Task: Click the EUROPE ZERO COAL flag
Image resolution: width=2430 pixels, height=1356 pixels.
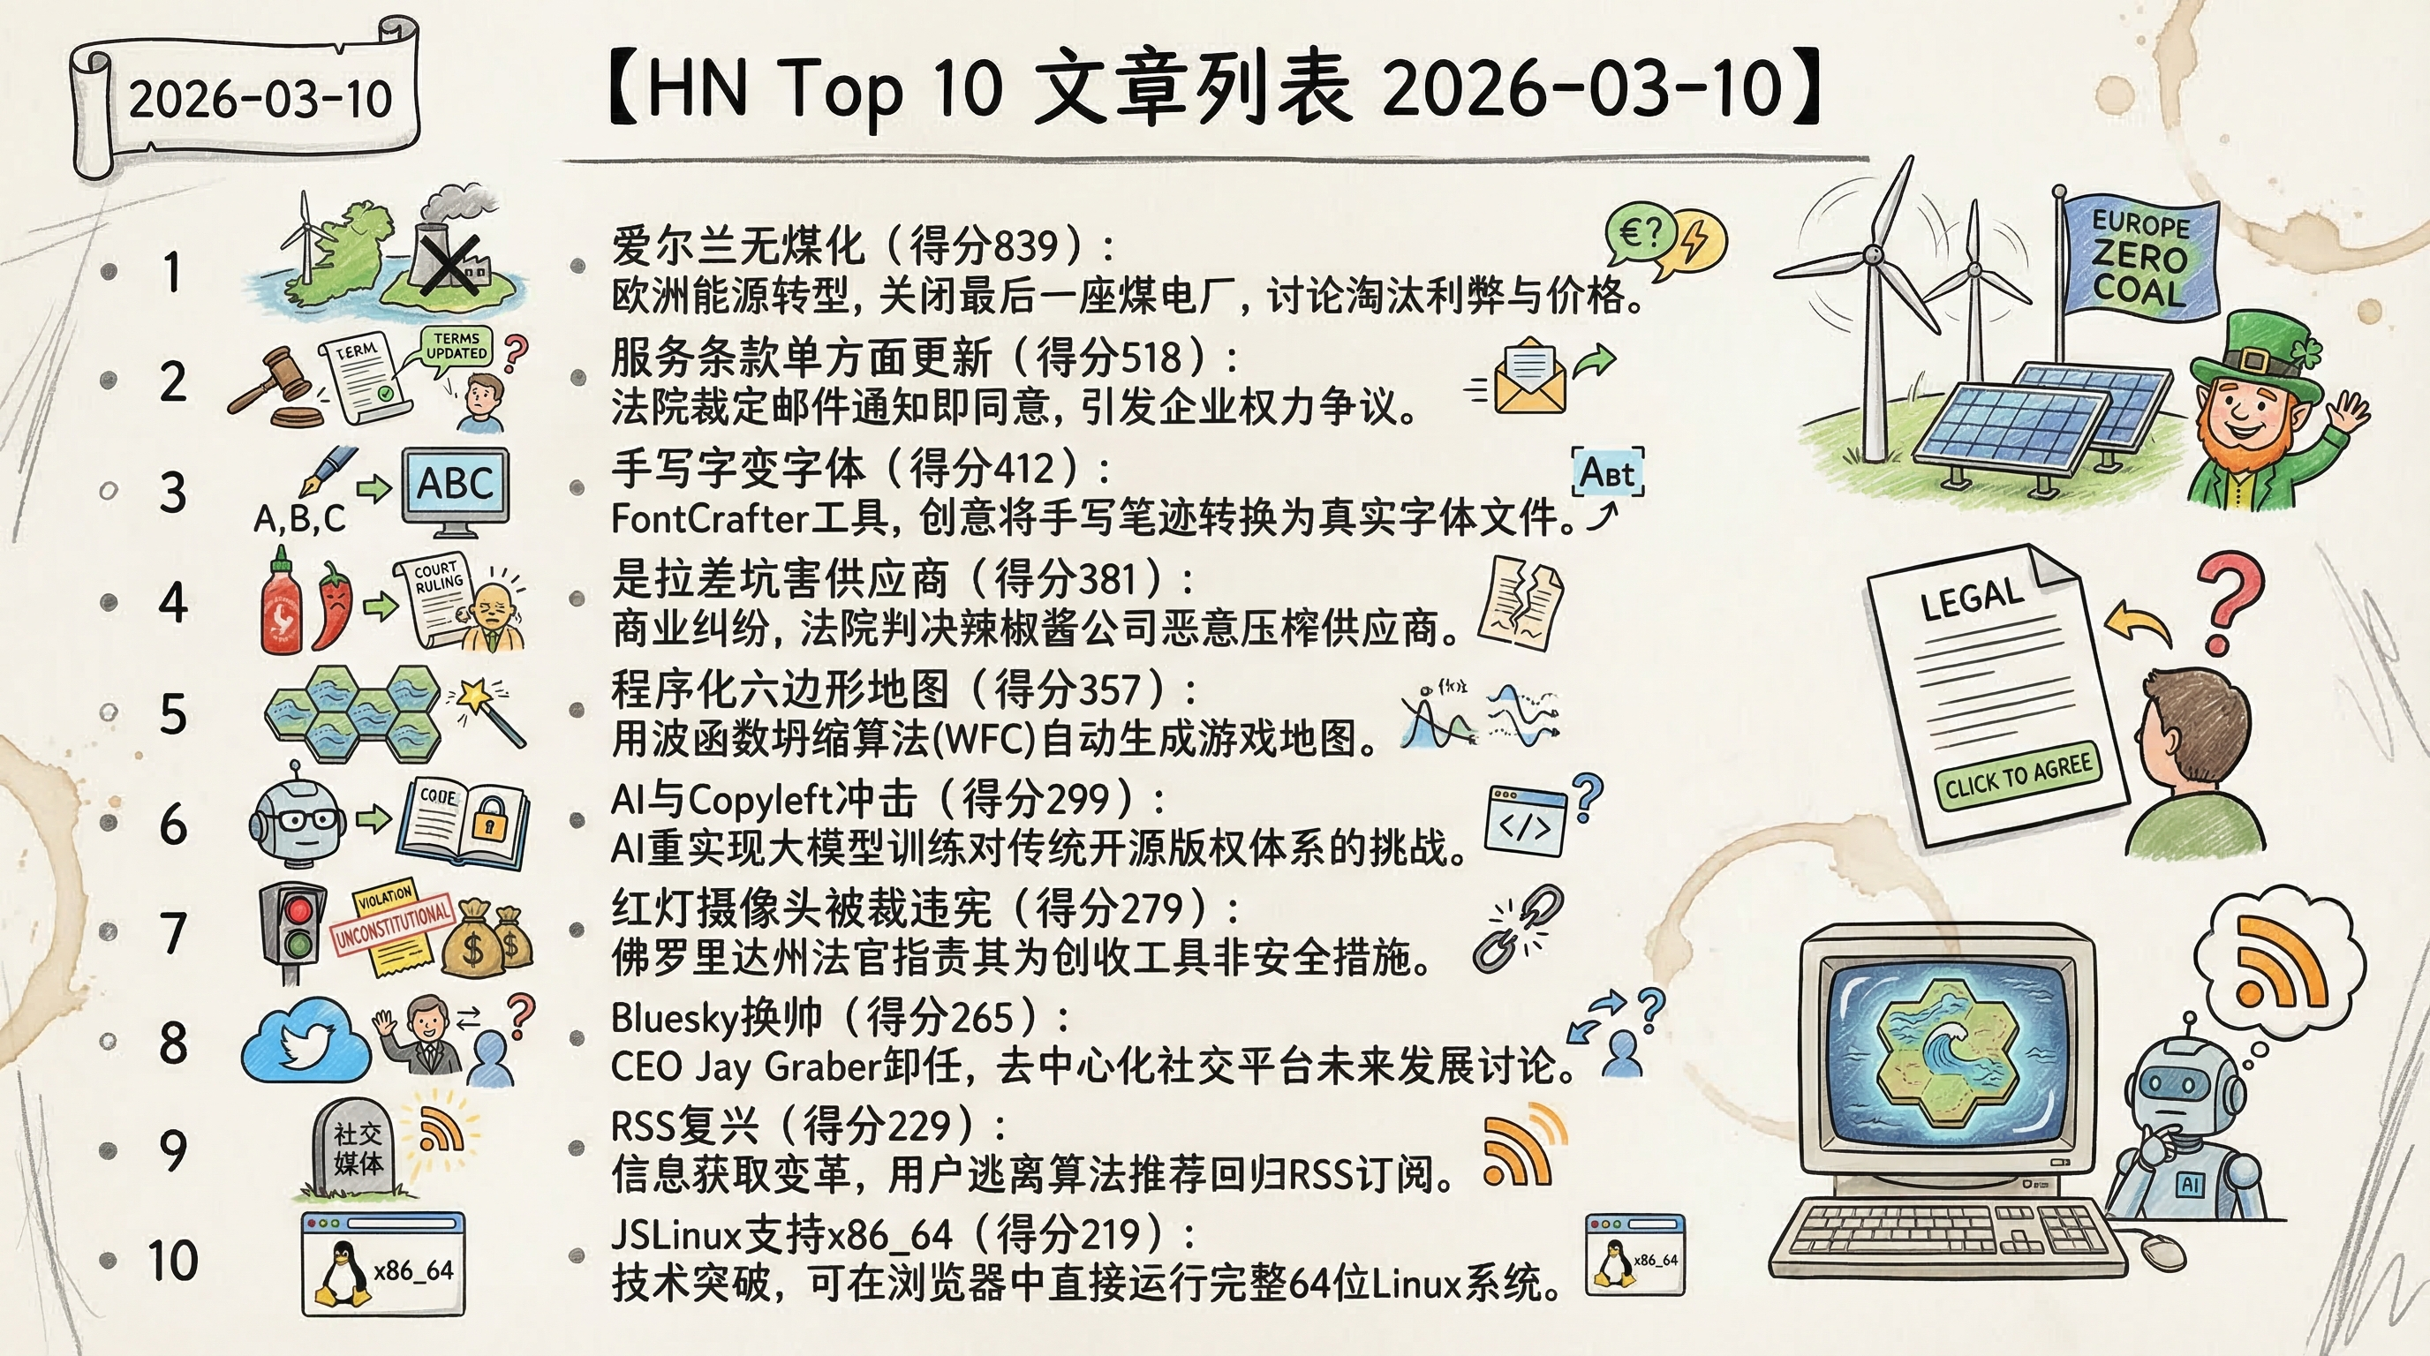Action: (x=2139, y=260)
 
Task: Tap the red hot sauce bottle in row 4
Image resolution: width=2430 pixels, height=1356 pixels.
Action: (x=281, y=604)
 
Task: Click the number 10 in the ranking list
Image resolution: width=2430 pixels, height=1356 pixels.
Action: (x=173, y=1261)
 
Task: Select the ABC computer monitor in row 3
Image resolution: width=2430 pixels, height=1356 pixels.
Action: (x=456, y=486)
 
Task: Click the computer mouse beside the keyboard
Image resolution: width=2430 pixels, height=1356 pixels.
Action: (x=2162, y=1250)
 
